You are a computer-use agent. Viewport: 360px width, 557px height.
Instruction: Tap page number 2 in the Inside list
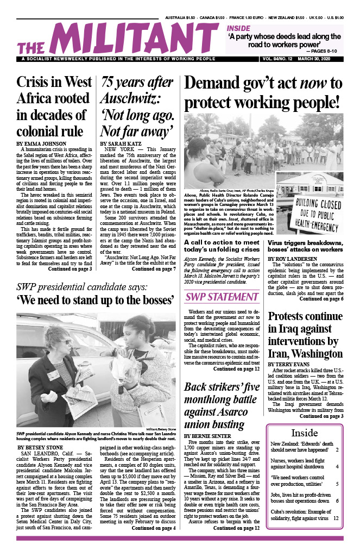[x=337, y=450]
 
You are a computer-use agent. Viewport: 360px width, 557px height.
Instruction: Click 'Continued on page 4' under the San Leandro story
[x=154, y=543]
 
